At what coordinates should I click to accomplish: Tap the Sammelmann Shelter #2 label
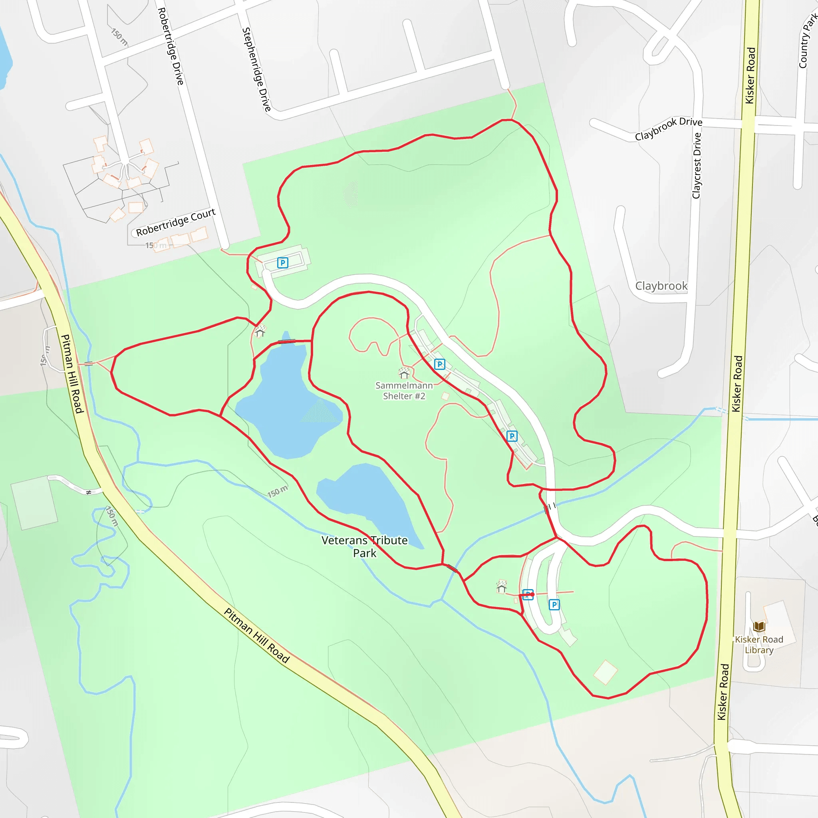pyautogui.click(x=404, y=390)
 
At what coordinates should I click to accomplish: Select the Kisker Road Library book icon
pyautogui.click(x=759, y=626)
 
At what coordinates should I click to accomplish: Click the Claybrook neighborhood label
pyautogui.click(x=661, y=286)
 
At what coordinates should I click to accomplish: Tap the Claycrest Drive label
pyautogui.click(x=697, y=165)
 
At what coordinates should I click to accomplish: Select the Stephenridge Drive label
pyautogui.click(x=256, y=69)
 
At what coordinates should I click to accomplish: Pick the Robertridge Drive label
pyautogui.click(x=171, y=46)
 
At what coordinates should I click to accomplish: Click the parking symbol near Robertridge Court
pyautogui.click(x=282, y=262)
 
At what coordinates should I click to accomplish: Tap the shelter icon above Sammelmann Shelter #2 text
pyautogui.click(x=404, y=373)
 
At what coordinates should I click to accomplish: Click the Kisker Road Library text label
pyautogui.click(x=759, y=645)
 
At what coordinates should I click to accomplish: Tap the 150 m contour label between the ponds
pyautogui.click(x=277, y=492)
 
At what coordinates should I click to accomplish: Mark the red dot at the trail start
pyautogui.click(x=532, y=594)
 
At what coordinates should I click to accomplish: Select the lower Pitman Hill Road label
pyautogui.click(x=256, y=635)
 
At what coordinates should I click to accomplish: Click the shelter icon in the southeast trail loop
pyautogui.click(x=502, y=586)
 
